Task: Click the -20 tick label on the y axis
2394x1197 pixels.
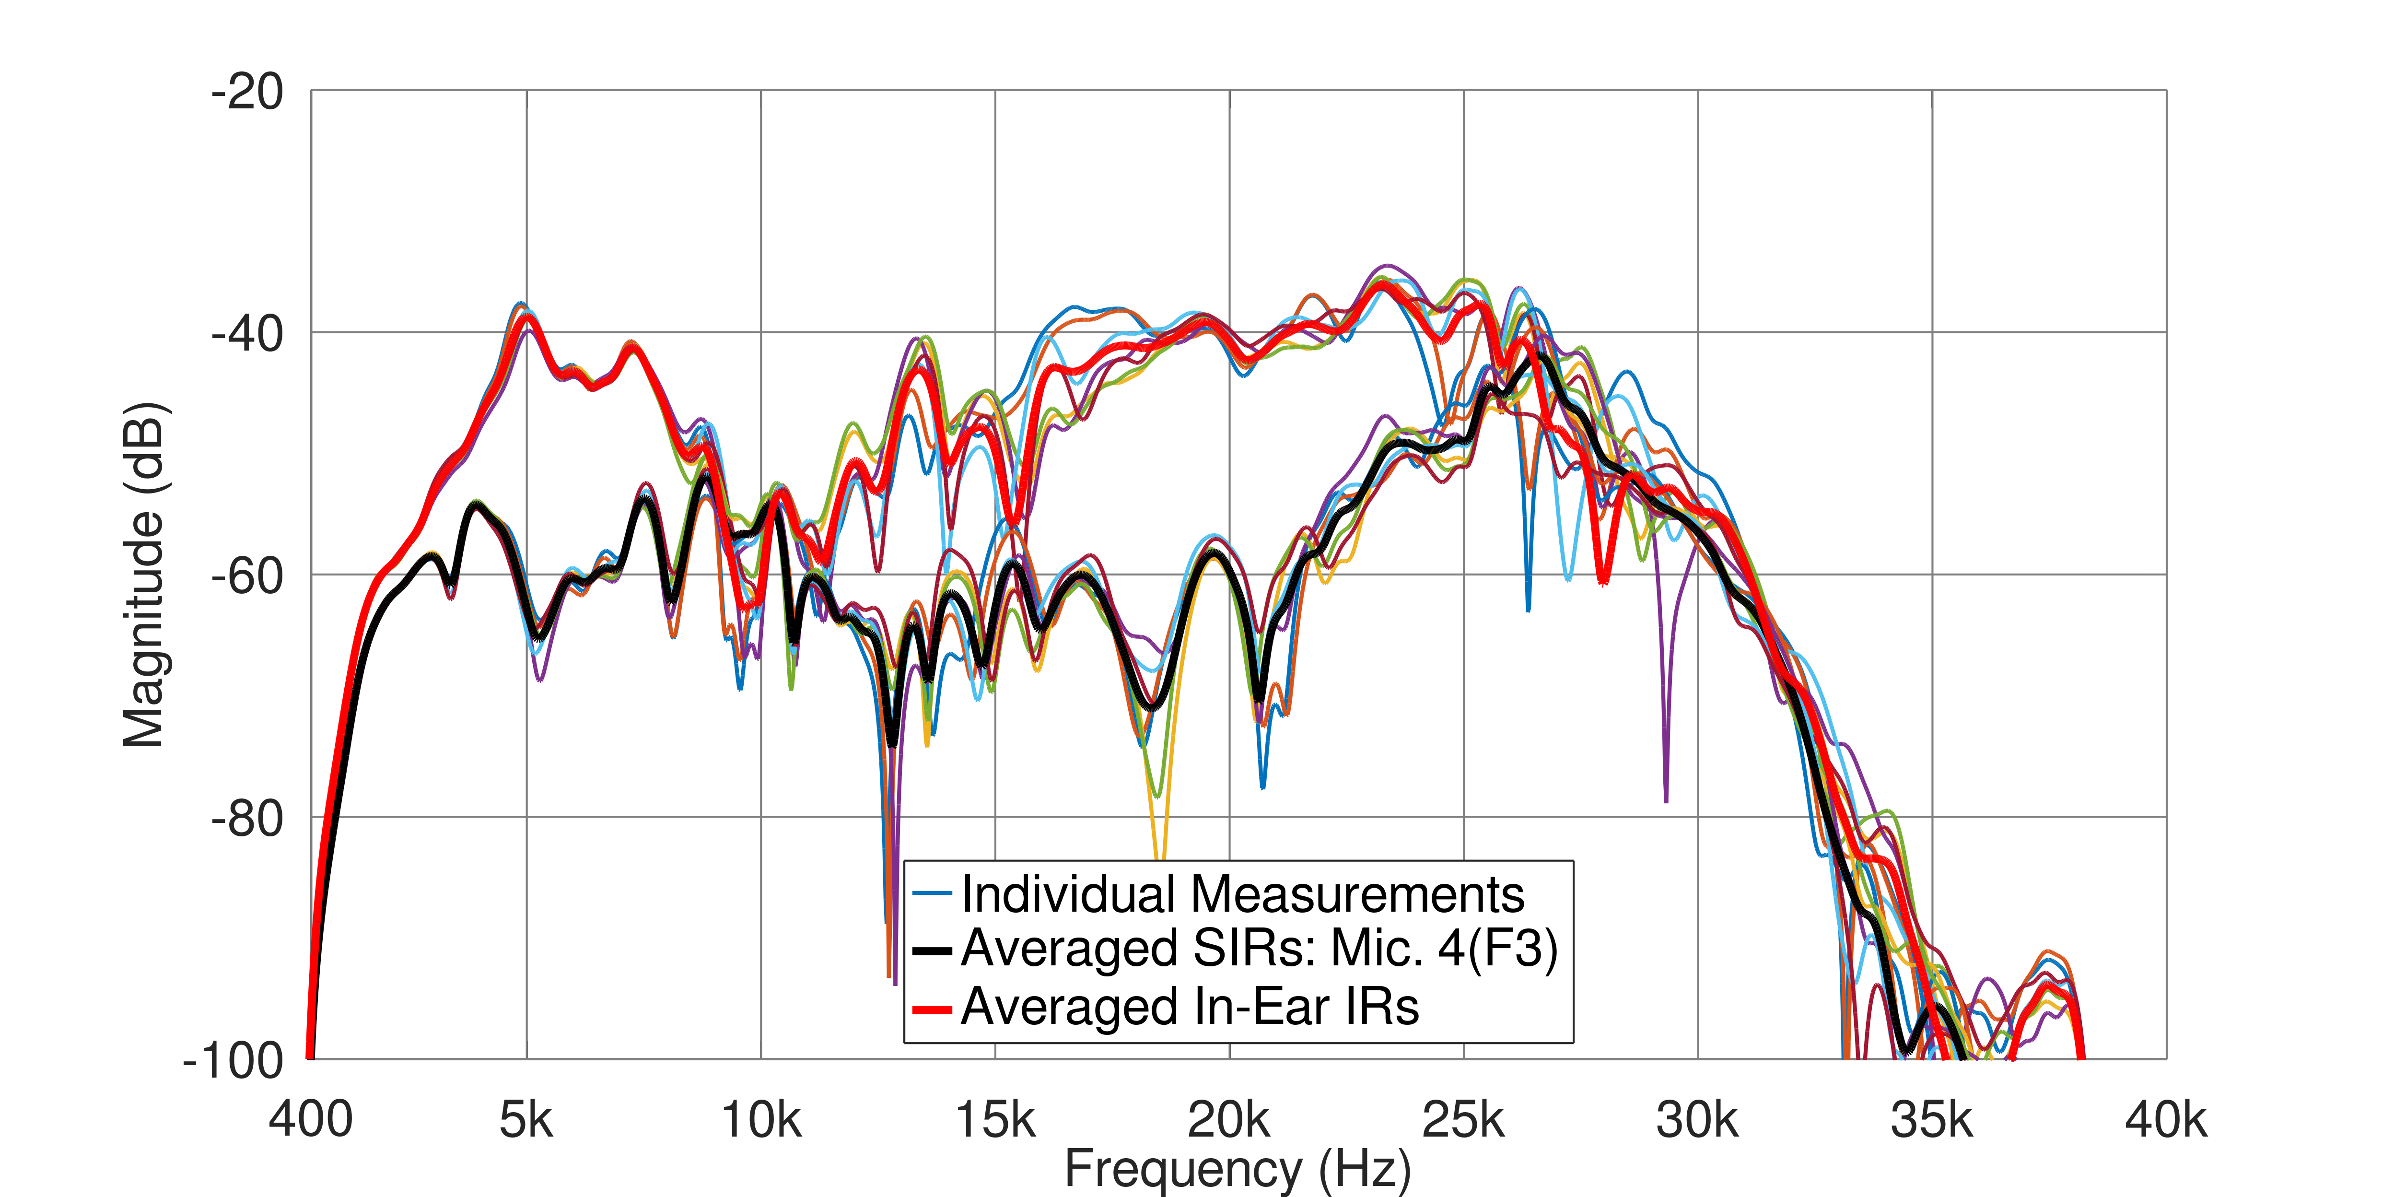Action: pos(247,93)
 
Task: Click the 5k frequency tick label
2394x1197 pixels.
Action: pos(526,1120)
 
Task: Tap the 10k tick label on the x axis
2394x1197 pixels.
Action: pos(761,1120)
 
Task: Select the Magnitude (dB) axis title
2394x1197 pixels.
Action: pos(144,575)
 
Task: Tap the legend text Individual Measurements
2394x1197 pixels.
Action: pos(1242,894)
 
